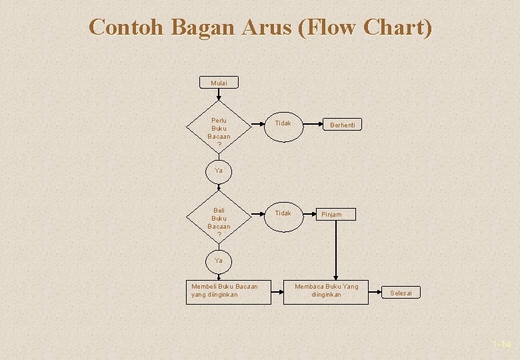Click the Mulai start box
click(x=219, y=83)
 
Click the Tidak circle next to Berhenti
click(x=283, y=124)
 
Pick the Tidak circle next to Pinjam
click(x=283, y=213)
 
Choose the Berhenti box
click(x=343, y=125)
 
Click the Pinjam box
click(x=335, y=215)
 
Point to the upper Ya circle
click(x=219, y=171)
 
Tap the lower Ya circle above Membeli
click(x=219, y=260)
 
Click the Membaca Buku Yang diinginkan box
click(x=325, y=291)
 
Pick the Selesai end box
click(x=401, y=293)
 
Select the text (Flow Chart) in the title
click(x=365, y=27)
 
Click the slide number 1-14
click(x=501, y=345)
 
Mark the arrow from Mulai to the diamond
click(x=219, y=95)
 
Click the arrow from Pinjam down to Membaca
click(x=335, y=250)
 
